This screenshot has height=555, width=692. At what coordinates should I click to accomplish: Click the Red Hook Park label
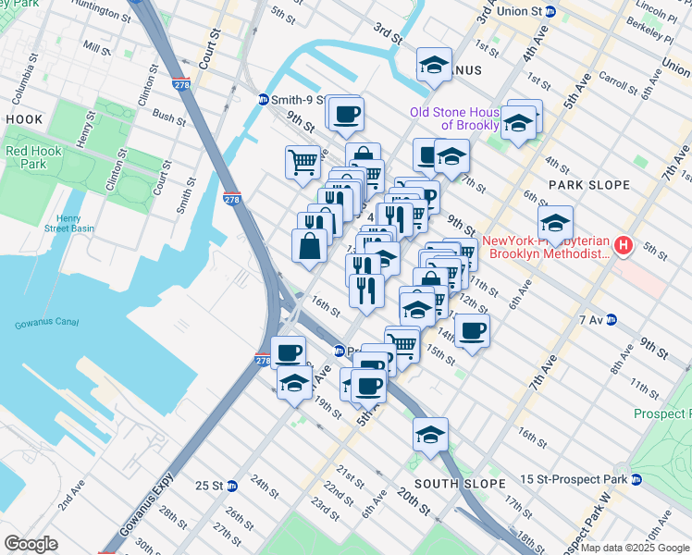pyautogui.click(x=25, y=157)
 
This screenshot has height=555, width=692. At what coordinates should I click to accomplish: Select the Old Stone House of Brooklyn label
pyautogui.click(x=455, y=118)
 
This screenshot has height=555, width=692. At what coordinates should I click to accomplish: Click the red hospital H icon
pyautogui.click(x=624, y=246)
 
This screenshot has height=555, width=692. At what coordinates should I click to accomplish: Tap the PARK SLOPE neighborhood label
pyautogui.click(x=588, y=185)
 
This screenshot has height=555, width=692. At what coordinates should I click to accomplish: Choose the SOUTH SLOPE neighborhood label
pyautogui.click(x=460, y=484)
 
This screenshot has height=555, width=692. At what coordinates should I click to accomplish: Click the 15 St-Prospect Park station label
pyautogui.click(x=573, y=479)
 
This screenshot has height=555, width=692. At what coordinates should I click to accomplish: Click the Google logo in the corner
pyautogui.click(x=30, y=544)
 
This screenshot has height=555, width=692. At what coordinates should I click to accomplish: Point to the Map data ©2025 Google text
pyautogui.click(x=635, y=549)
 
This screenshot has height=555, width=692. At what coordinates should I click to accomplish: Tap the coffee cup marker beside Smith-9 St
pyautogui.click(x=346, y=114)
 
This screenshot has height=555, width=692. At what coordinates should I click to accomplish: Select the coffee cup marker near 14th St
pyautogui.click(x=472, y=329)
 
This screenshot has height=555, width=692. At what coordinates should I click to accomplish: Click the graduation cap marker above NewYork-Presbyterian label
pyautogui.click(x=555, y=223)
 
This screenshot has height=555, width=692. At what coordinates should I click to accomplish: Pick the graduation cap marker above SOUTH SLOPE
pyautogui.click(x=430, y=433)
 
